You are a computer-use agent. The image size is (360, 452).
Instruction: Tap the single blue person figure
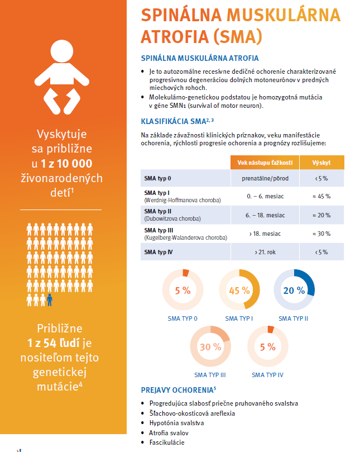(50, 299)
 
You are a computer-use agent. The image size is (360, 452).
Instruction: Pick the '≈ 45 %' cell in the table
(322, 196)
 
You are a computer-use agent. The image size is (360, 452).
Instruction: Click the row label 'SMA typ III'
(158, 230)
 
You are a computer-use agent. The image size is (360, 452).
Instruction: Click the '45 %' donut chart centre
(239, 291)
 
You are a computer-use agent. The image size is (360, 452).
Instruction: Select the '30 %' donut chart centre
(210, 347)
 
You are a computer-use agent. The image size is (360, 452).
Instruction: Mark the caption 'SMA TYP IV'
(267, 374)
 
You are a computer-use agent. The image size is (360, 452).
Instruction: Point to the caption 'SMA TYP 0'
(183, 318)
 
